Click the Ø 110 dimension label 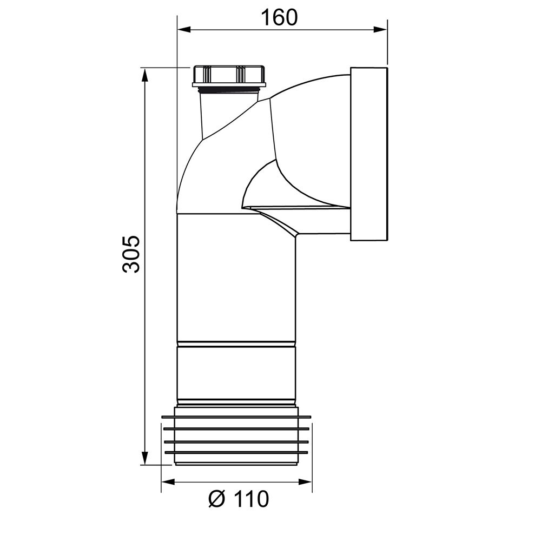tap(238, 499)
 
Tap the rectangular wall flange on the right tap(369, 154)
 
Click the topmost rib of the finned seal tap(236, 417)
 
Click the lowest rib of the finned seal tap(236, 452)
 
